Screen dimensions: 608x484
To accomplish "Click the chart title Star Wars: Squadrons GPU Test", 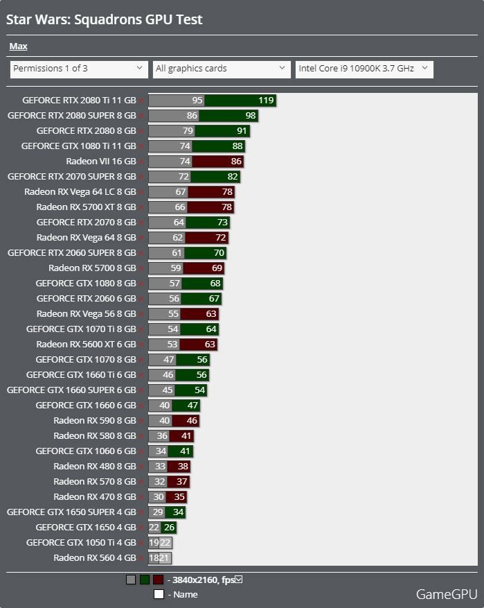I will pos(105,19).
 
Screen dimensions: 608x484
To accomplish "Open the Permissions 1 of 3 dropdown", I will pos(78,69).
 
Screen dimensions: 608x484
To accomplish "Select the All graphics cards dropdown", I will pos(221,69).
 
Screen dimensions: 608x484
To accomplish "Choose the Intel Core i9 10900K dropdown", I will pos(364,69).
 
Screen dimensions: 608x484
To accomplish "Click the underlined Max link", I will pos(18,46).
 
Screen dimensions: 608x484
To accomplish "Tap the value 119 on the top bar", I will pos(266,101).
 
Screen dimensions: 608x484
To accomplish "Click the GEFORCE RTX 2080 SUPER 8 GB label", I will pos(71,116).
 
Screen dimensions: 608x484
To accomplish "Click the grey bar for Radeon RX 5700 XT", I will pos(168,207).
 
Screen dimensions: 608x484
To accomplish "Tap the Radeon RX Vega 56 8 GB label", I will pos(86,314).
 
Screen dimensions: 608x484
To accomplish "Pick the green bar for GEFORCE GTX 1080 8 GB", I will pos(202,284).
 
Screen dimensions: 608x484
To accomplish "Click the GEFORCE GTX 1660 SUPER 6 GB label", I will pos(71,390).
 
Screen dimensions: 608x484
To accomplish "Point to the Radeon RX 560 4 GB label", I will pos(95,558).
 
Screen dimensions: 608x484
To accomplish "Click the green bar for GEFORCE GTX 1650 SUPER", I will pos(175,512).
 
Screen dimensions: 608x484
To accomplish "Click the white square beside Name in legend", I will pos(159,594).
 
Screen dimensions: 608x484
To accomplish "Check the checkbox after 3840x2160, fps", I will pos(239,580).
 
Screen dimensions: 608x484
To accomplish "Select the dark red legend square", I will pos(159,580).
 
